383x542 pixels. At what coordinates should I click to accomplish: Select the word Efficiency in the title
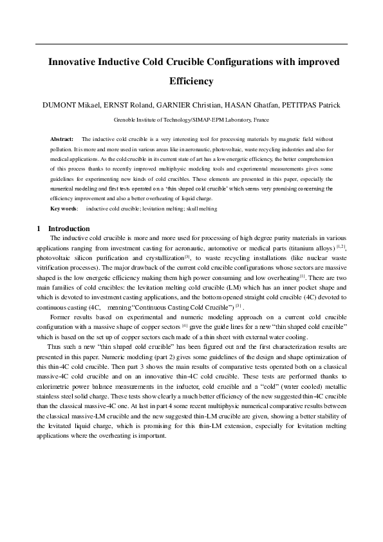tap(191, 82)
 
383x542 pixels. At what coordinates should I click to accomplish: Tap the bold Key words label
tap(64, 209)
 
